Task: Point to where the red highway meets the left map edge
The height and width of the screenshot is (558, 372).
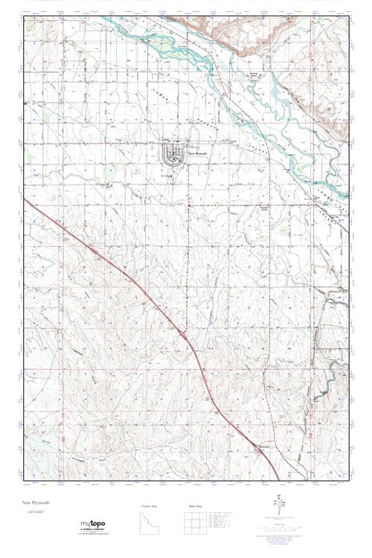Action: point(25,199)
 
